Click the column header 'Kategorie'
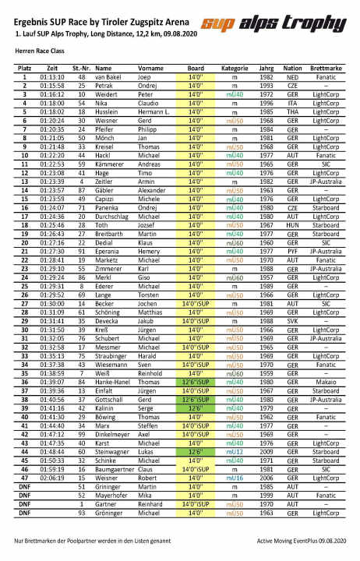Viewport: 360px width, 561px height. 235,69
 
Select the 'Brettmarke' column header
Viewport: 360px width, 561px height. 326,69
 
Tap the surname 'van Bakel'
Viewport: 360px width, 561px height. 110,78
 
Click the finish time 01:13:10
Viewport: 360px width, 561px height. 52,78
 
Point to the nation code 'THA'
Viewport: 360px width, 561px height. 293,111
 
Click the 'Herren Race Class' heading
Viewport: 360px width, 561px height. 41,55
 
